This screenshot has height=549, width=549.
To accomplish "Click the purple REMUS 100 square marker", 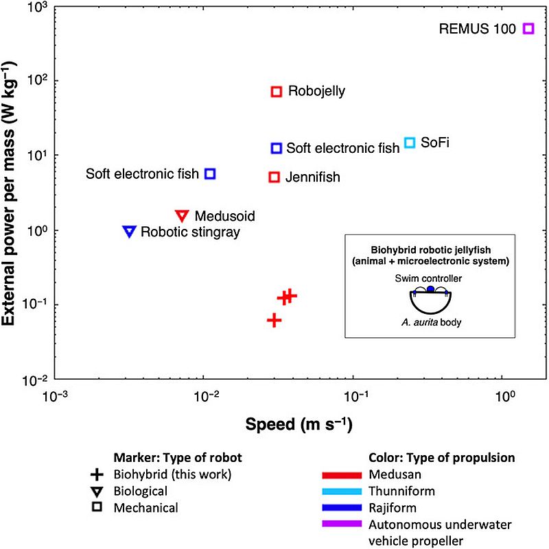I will (528, 28).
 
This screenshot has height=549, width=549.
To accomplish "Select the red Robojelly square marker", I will (277, 91).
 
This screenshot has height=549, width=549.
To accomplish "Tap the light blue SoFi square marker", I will (410, 143).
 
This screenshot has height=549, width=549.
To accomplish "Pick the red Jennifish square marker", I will (274, 177).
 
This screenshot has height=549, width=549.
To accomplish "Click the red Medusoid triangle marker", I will (182, 215).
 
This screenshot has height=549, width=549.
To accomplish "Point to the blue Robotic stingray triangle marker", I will (129, 231).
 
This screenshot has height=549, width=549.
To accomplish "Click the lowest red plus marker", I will (274, 320).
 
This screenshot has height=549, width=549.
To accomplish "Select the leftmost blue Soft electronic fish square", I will (211, 174).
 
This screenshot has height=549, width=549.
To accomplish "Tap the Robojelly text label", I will (316, 91).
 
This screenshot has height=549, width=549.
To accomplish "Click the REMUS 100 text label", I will (478, 29).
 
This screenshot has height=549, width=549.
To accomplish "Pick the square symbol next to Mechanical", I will (97, 508).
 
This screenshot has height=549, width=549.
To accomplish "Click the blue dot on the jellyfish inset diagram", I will (430, 289).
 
